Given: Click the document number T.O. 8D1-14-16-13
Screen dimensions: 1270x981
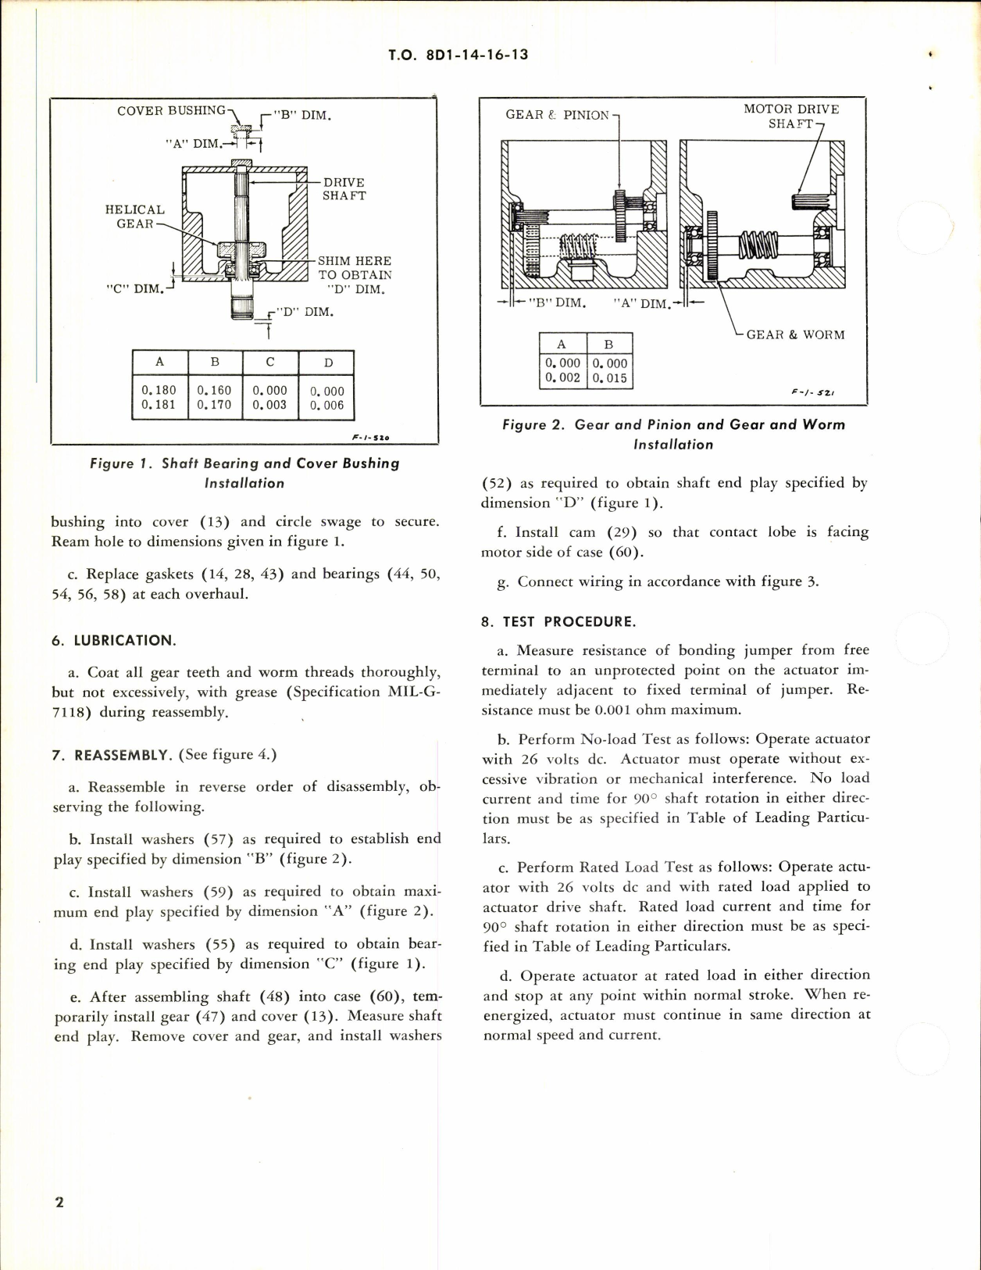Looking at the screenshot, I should click(x=458, y=55).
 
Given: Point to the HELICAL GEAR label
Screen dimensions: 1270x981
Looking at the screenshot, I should click(x=135, y=216).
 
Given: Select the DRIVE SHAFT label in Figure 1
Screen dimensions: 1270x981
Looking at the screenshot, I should click(x=344, y=189).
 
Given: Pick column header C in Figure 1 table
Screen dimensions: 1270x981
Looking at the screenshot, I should click(x=270, y=362).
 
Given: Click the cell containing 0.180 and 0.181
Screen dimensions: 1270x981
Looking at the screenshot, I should click(x=159, y=397).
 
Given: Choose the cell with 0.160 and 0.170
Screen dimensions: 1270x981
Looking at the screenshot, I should click(x=215, y=397).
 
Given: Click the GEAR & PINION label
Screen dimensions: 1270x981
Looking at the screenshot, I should click(x=557, y=115).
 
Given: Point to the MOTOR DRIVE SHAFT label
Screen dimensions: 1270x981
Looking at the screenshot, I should click(x=790, y=116).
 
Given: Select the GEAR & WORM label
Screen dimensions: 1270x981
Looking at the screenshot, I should click(x=795, y=334).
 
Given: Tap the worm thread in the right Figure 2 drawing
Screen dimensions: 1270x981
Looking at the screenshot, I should click(x=758, y=245).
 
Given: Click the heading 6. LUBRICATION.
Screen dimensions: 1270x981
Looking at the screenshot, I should click(x=114, y=640).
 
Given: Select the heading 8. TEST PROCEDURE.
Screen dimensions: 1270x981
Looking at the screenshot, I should click(x=558, y=621).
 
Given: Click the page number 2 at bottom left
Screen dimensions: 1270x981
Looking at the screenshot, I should click(x=59, y=1202).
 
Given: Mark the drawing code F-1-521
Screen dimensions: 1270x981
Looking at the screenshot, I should click(x=812, y=392).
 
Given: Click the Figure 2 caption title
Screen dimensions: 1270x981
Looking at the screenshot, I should click(x=673, y=435).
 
